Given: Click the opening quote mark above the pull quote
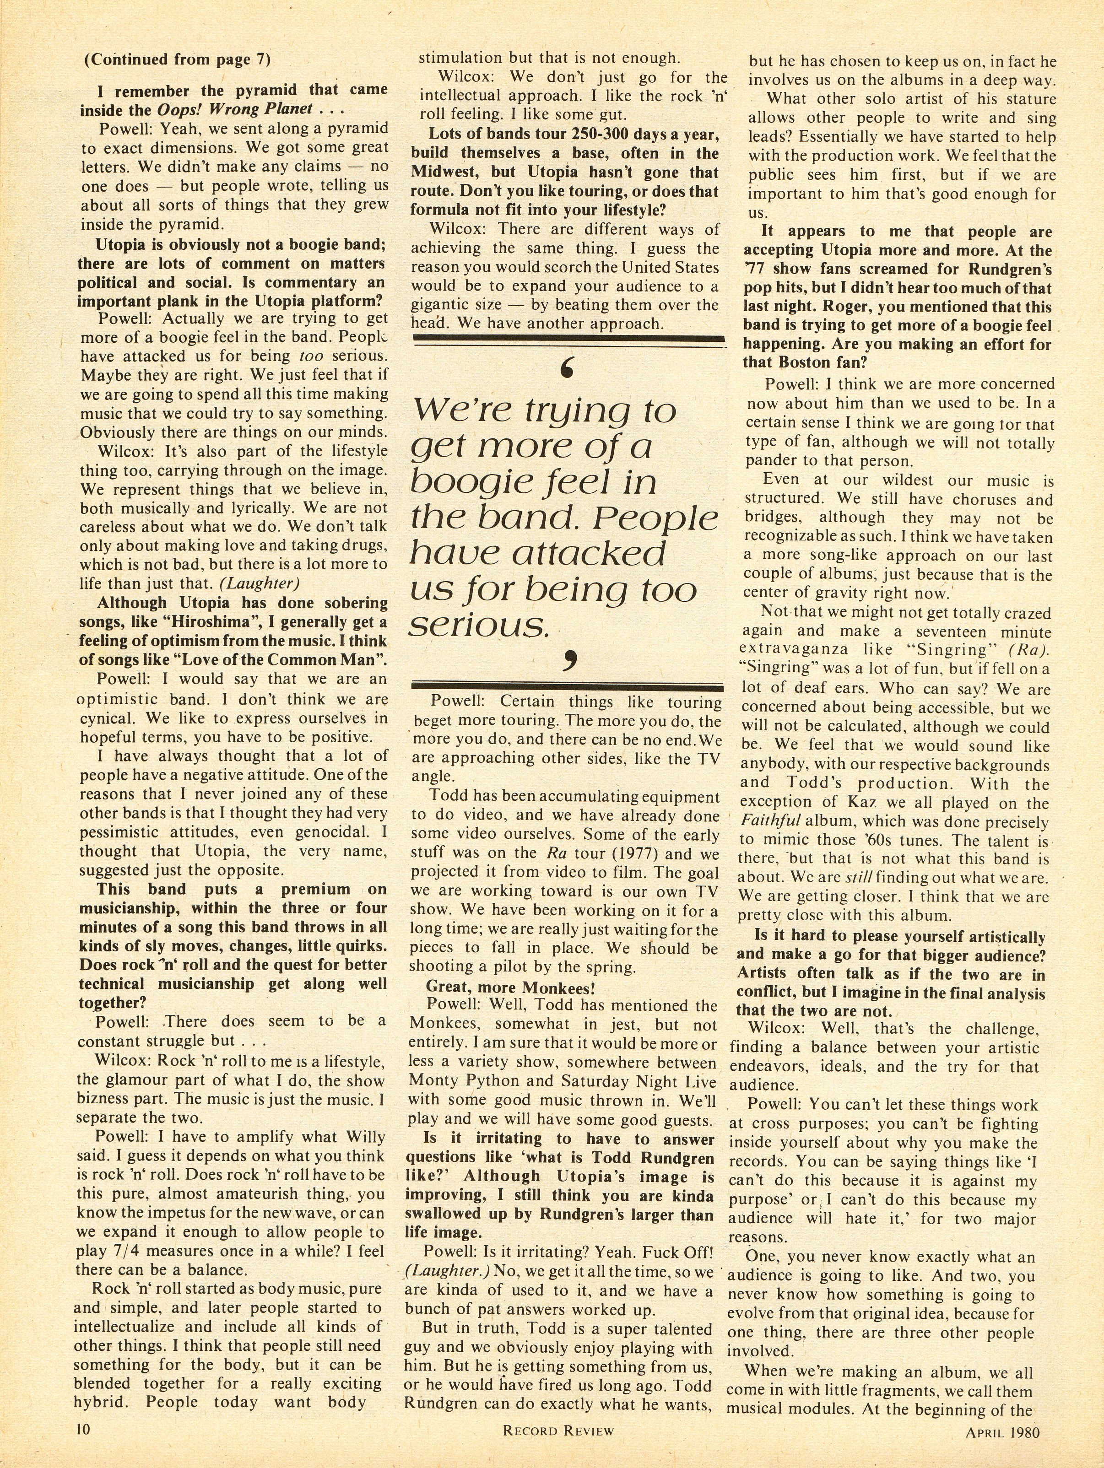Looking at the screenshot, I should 566,369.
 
